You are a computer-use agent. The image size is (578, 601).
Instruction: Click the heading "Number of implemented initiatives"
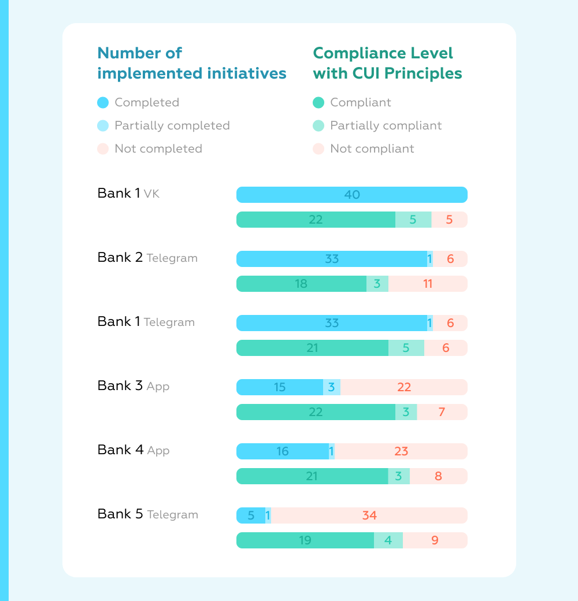click(x=191, y=63)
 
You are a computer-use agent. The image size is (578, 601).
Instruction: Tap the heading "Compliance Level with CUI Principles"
click(x=387, y=63)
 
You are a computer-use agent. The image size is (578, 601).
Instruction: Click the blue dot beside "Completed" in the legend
click(x=103, y=103)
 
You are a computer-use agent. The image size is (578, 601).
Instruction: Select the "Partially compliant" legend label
click(x=386, y=125)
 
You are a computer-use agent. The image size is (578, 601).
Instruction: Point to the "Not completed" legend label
click(x=158, y=149)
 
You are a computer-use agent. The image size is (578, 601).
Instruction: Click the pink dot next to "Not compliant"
click(x=318, y=149)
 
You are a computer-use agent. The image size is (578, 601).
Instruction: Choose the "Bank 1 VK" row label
click(x=128, y=194)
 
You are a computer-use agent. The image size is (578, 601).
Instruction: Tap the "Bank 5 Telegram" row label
click(x=147, y=514)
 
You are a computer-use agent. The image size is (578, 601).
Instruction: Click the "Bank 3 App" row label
click(x=133, y=386)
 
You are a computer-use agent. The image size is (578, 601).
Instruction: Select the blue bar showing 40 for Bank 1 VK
click(x=351, y=195)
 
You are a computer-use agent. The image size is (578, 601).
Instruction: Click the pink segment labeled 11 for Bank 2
click(x=428, y=284)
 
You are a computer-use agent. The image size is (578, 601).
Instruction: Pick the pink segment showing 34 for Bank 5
click(x=369, y=515)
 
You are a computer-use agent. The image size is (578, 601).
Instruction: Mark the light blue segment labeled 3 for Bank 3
click(x=331, y=387)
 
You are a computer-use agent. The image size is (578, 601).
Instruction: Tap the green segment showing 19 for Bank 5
click(x=305, y=540)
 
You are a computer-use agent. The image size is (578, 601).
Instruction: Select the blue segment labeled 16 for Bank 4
click(x=282, y=451)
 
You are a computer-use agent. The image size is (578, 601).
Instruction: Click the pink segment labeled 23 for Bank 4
click(x=401, y=451)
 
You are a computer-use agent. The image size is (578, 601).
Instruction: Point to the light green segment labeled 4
click(x=388, y=540)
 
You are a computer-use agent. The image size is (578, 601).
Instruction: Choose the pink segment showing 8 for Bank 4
click(x=438, y=476)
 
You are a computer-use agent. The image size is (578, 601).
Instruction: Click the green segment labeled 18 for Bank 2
click(x=301, y=284)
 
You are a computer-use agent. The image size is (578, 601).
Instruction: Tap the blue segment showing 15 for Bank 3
click(x=280, y=387)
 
